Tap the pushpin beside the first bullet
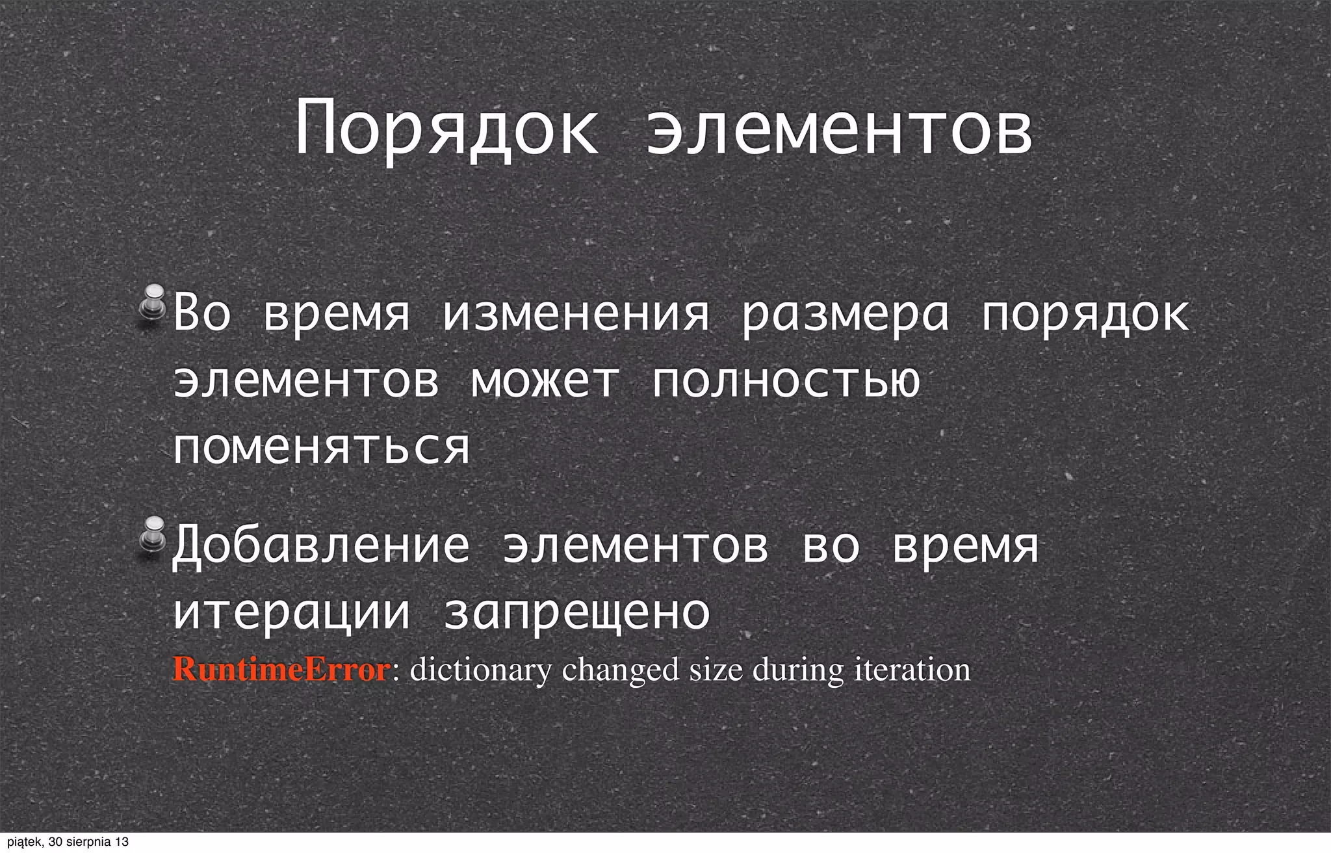point(153,302)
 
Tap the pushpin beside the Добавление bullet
point(153,534)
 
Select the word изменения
point(576,313)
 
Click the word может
point(545,381)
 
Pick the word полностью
point(786,381)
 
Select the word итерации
point(292,613)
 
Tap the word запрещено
point(577,613)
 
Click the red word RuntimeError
point(281,669)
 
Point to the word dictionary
point(480,670)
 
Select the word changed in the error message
point(620,670)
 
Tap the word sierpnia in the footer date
point(89,843)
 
